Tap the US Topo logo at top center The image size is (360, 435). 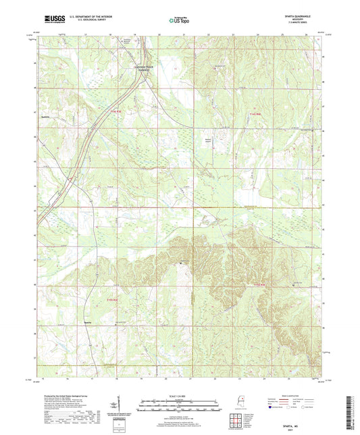click(x=177, y=21)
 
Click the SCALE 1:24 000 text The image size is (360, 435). click(x=180, y=396)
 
